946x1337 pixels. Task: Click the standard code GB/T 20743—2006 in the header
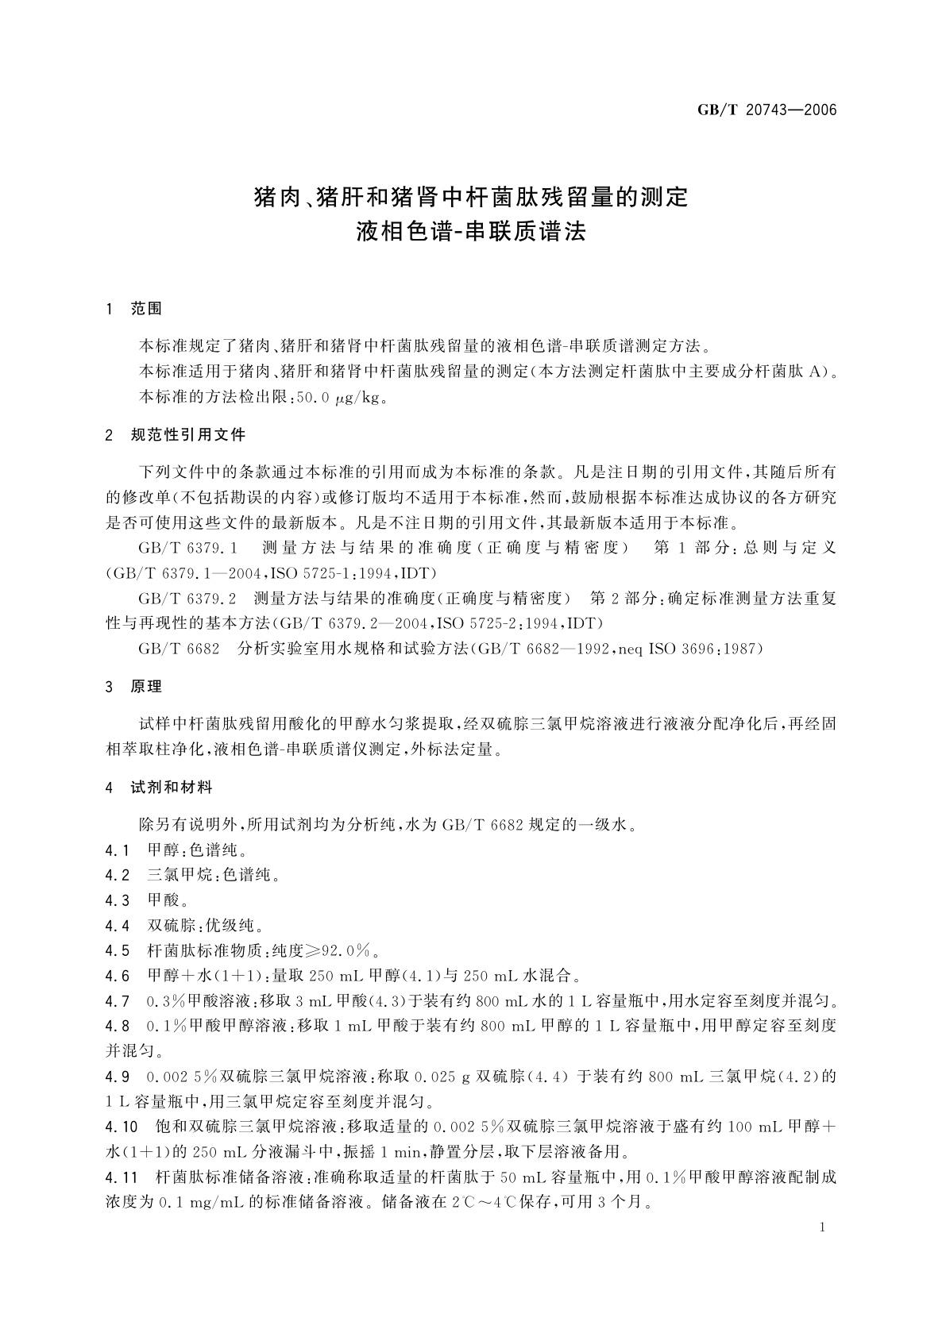pyautogui.click(x=767, y=110)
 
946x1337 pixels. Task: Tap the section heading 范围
pyautogui.click(x=146, y=309)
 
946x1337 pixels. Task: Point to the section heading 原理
pyautogui.click(x=146, y=687)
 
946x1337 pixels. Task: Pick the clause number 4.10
pyautogui.click(x=122, y=1127)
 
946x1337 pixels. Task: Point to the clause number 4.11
pyautogui.click(x=122, y=1177)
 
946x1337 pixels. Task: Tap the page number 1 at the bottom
pyautogui.click(x=822, y=1227)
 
